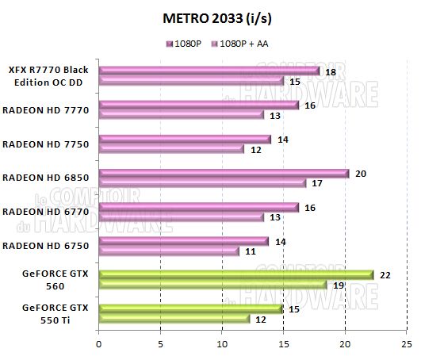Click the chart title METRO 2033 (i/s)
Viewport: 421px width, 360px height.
tap(210, 17)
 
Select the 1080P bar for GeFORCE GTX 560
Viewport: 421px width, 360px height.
tap(235, 275)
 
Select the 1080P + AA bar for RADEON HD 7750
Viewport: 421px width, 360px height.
tap(171, 149)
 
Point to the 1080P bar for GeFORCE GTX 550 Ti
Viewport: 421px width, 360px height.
tap(190, 309)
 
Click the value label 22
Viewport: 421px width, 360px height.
tap(386, 274)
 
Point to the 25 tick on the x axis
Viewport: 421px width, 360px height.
tap(407, 344)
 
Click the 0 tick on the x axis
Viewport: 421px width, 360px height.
tap(98, 344)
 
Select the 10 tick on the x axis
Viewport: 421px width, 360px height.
tap(221, 344)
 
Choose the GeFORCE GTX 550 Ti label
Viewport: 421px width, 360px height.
tap(58, 313)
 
